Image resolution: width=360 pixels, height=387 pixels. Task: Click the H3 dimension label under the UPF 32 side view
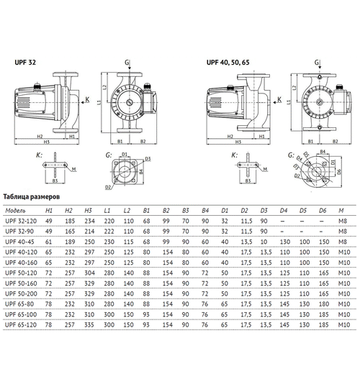(x=45, y=141)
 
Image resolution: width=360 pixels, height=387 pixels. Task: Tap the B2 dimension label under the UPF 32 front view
(x=143, y=142)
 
